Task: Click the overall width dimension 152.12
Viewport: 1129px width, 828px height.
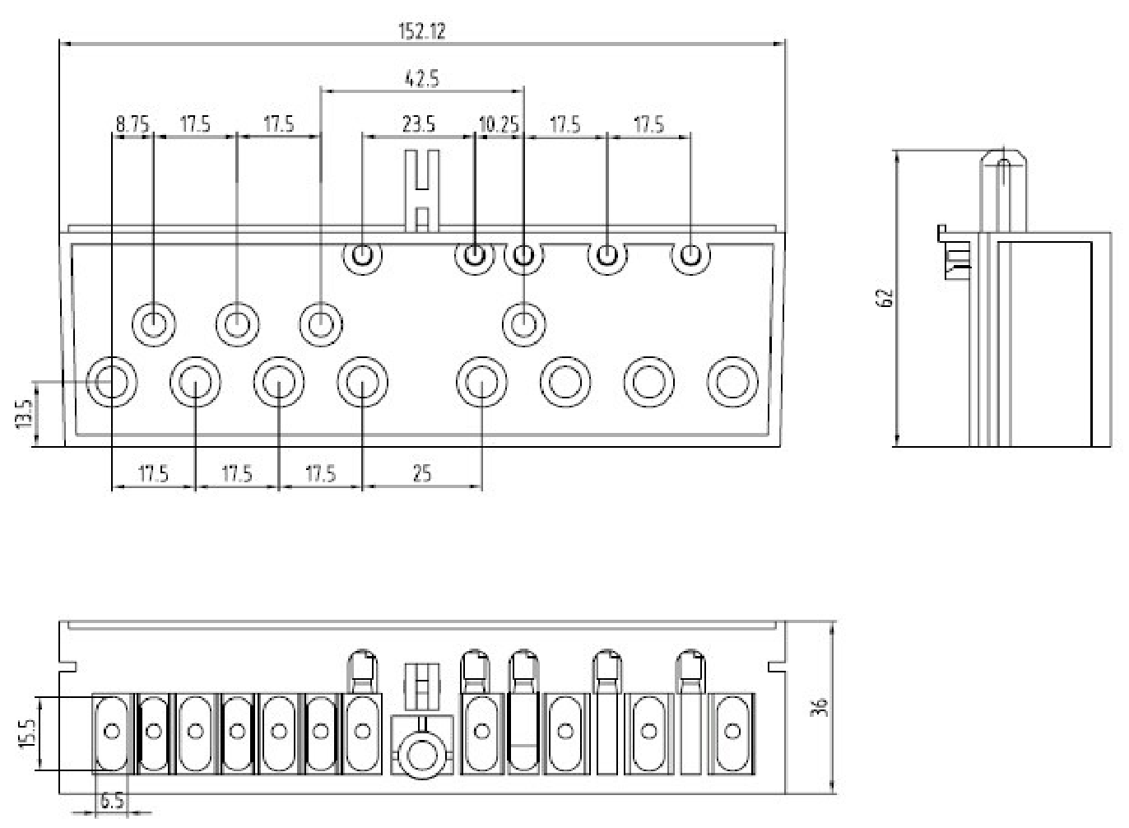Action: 422,31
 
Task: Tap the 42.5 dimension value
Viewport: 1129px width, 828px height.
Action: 422,79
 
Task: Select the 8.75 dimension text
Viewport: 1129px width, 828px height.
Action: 132,124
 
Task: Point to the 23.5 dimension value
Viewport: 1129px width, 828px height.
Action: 418,124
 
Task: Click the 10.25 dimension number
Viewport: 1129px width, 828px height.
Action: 499,124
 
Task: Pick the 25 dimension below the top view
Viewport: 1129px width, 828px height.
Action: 422,473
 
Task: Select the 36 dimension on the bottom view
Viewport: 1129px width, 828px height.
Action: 819,707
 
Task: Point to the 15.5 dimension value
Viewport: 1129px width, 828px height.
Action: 28,733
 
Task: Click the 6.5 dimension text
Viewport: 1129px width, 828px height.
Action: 111,800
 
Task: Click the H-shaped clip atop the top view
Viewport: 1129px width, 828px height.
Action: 422,191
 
